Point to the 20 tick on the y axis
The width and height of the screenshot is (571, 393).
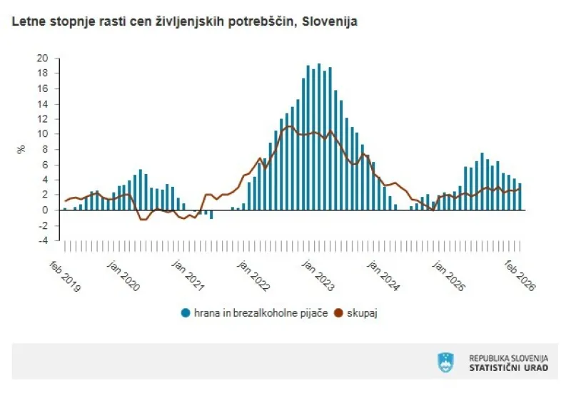(x=42, y=58)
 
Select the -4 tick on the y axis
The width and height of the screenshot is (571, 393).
(x=43, y=240)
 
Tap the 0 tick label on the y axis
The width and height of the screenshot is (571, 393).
(x=44, y=210)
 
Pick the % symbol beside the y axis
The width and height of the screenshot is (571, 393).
(x=21, y=149)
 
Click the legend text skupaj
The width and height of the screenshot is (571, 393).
(x=362, y=312)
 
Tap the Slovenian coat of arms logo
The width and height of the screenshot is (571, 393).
(x=445, y=362)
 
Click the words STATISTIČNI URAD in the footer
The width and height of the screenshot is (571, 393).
(x=508, y=367)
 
